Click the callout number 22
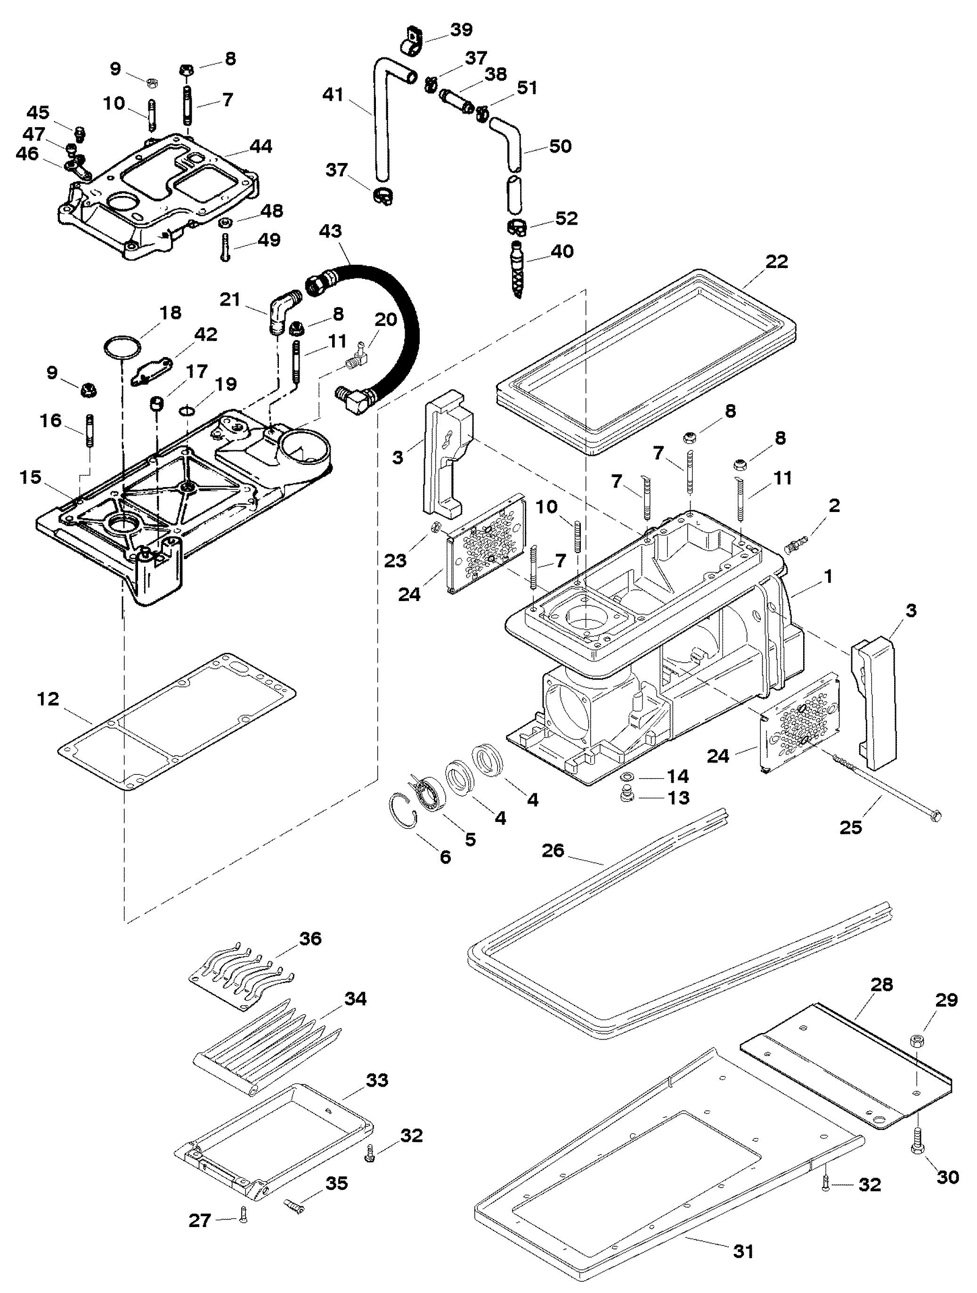click(x=776, y=261)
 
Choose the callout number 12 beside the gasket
click(x=49, y=699)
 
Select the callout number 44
click(x=261, y=146)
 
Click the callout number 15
click(x=31, y=478)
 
